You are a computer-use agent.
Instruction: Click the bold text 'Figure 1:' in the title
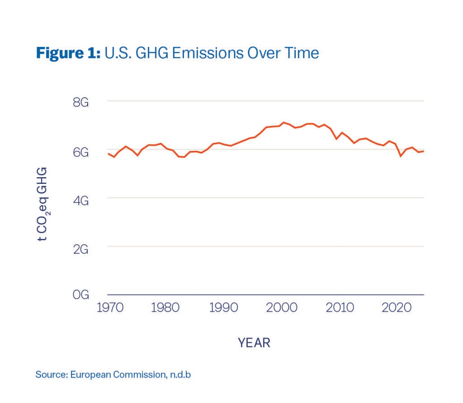point(68,53)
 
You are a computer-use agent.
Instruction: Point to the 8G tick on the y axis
point(80,103)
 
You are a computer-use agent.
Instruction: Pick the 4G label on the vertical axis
point(80,200)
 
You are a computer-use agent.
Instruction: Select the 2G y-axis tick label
point(80,248)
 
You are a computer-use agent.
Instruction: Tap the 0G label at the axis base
point(80,296)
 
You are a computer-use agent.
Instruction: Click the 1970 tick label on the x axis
point(109,308)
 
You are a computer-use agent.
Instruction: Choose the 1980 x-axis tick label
point(165,308)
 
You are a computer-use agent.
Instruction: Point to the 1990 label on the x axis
point(224,308)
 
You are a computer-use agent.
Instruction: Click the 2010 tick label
point(340,308)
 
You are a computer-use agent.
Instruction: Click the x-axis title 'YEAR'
point(254,343)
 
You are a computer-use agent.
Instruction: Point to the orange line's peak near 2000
point(283,122)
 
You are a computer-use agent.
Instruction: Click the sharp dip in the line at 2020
point(400,156)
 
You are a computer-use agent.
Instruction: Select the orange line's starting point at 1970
point(108,154)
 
